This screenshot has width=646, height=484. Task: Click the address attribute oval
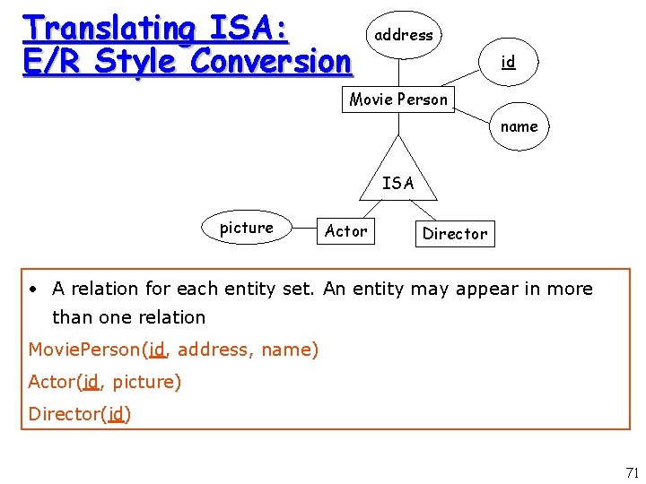(x=404, y=36)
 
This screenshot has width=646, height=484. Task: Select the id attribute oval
(x=508, y=62)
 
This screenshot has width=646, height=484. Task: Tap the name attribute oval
(x=519, y=127)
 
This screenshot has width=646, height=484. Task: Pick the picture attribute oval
(x=246, y=229)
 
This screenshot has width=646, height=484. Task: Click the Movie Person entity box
(x=398, y=99)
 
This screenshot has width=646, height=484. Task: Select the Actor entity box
(x=345, y=231)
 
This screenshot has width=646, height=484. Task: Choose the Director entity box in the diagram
(x=454, y=234)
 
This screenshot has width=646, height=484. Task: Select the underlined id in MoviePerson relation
(x=157, y=350)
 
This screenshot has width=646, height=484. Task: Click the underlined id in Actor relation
(x=91, y=382)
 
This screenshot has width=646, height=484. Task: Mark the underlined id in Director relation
(x=116, y=414)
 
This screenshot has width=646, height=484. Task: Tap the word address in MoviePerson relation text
(x=214, y=350)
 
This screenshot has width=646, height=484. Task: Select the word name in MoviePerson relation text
(x=285, y=350)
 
